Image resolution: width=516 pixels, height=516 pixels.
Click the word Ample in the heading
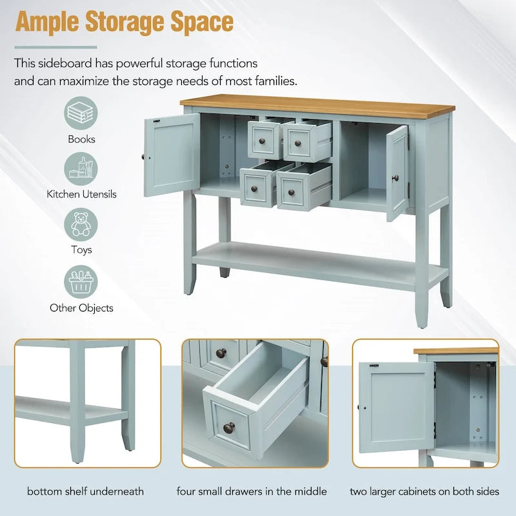tap(47, 23)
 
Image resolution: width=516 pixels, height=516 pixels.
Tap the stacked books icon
tap(81, 113)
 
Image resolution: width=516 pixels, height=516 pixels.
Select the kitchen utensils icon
tap(81, 169)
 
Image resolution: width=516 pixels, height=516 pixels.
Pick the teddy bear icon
tap(81, 224)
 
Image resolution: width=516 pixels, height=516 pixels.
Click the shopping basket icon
tap(81, 282)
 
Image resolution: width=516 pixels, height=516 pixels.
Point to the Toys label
tap(81, 250)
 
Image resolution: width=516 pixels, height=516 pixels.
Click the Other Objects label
tap(81, 308)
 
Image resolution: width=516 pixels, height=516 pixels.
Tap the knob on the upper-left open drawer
tap(263, 141)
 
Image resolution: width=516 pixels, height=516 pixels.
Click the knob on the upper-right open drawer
tap(298, 143)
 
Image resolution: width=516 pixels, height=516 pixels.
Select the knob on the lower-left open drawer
tap(254, 189)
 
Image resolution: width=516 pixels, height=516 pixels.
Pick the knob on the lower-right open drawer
tap(292, 192)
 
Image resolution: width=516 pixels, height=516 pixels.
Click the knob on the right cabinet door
tap(395, 179)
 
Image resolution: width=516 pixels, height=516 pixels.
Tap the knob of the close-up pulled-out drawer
tap(229, 428)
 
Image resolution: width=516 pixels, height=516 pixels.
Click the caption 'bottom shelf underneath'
tap(85, 491)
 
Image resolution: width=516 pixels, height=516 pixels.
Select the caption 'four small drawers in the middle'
tap(252, 491)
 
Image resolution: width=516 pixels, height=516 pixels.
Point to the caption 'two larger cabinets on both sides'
tap(424, 491)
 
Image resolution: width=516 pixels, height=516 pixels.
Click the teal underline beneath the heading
tap(56, 47)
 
